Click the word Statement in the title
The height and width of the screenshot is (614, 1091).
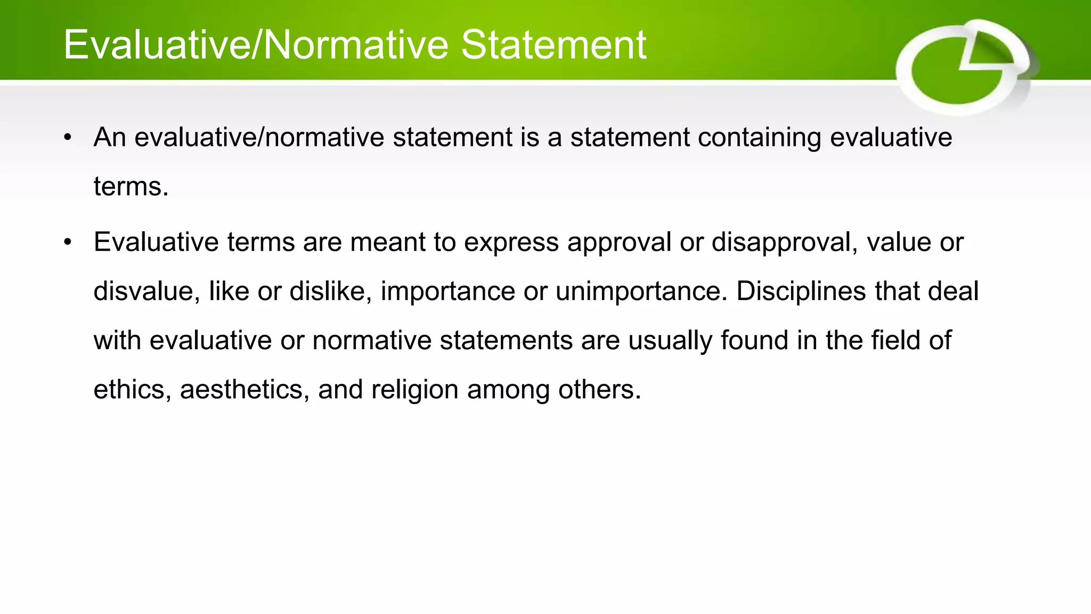553,45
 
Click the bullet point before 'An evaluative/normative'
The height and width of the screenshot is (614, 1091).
67,138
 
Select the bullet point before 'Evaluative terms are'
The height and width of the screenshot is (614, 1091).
67,243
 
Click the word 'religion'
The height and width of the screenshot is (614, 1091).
414,390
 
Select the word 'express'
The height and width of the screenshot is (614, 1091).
511,243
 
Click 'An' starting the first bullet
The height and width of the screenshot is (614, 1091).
110,137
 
